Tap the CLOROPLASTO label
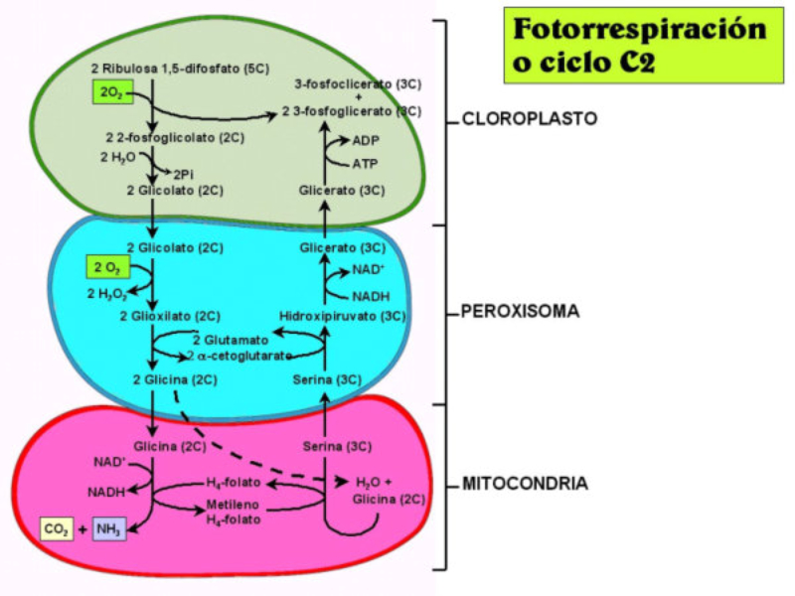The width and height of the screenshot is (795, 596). click(530, 119)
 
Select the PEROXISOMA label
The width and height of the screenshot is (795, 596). click(521, 311)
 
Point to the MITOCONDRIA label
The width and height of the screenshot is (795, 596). click(525, 484)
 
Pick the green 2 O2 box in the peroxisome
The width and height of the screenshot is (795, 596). click(106, 267)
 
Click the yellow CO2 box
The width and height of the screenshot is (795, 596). click(56, 529)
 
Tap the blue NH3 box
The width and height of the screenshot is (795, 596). click(109, 529)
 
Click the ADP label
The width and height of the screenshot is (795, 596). click(367, 141)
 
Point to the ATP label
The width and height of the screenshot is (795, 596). click(366, 163)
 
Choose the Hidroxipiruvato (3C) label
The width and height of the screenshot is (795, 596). click(342, 317)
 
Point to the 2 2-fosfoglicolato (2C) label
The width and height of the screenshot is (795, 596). click(165, 136)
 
